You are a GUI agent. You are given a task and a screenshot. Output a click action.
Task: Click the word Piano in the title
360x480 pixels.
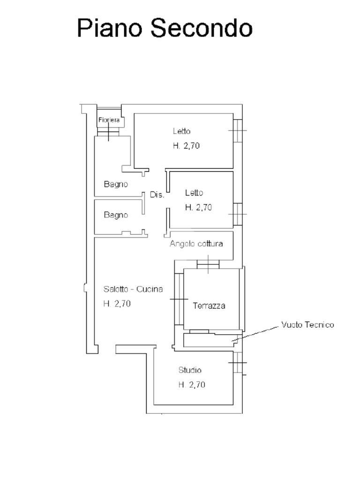(110, 28)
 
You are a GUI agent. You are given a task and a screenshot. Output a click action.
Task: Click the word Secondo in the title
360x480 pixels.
(202, 28)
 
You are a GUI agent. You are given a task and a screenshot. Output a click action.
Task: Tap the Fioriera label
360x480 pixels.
(109, 120)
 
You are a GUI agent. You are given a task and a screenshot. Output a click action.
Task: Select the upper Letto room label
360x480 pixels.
(182, 131)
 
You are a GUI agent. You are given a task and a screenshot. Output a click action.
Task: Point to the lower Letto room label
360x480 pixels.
(194, 193)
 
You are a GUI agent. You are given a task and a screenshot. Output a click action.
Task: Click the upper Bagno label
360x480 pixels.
(116, 184)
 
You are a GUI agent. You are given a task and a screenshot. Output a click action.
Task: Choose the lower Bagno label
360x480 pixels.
(116, 215)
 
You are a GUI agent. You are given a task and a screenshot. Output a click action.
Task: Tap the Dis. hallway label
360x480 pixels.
(157, 195)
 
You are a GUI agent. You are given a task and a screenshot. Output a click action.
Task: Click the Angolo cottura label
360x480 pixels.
(196, 244)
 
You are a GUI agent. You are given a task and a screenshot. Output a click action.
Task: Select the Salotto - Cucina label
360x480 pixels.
(133, 289)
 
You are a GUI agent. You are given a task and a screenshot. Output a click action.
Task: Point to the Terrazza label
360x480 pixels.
(209, 306)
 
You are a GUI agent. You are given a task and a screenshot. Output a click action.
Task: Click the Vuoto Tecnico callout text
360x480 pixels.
(307, 325)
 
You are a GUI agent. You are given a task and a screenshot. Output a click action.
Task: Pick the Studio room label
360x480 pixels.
(190, 370)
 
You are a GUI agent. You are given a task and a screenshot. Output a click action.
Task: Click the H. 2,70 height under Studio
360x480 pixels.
(192, 384)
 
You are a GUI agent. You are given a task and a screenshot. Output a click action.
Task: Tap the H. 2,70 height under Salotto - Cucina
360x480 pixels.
(117, 304)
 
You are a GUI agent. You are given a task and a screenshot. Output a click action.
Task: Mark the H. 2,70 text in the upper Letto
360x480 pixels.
(186, 146)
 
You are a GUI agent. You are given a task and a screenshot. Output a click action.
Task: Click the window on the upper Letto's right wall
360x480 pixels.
(238, 131)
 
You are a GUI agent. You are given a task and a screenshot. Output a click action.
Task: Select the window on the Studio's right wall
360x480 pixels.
(238, 363)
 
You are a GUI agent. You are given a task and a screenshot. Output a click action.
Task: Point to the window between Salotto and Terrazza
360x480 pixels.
(179, 299)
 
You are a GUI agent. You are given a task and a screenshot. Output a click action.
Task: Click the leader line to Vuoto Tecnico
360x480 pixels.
(255, 334)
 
